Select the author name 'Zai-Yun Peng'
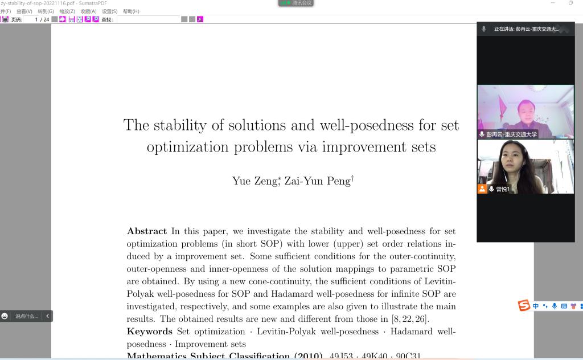pos(317,181)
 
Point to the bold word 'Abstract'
pos(147,231)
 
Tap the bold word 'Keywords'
pos(149,332)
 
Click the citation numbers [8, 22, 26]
pos(409,319)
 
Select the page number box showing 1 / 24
pos(40,19)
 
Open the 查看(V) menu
pos(24,11)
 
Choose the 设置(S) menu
pos(110,11)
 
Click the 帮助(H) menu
pos(131,11)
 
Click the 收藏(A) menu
pos(88,11)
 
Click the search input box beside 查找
pos(148,19)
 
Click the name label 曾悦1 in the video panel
pos(503,189)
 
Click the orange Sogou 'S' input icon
pos(524,306)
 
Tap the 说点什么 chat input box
pos(26,316)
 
